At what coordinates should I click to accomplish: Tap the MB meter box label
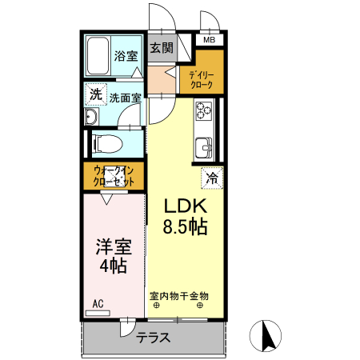point(209,40)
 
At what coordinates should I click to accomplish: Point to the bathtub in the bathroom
point(98,56)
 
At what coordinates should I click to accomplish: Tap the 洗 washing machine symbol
point(95,94)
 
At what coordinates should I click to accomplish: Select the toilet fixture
point(105,144)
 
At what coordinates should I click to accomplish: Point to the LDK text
point(185,206)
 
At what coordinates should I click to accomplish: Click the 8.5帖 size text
point(186,226)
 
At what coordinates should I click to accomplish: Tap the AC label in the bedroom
point(98,302)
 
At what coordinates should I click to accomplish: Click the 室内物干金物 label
point(179,295)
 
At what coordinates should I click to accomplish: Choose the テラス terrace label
point(153,337)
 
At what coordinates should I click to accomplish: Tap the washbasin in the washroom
point(90,118)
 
